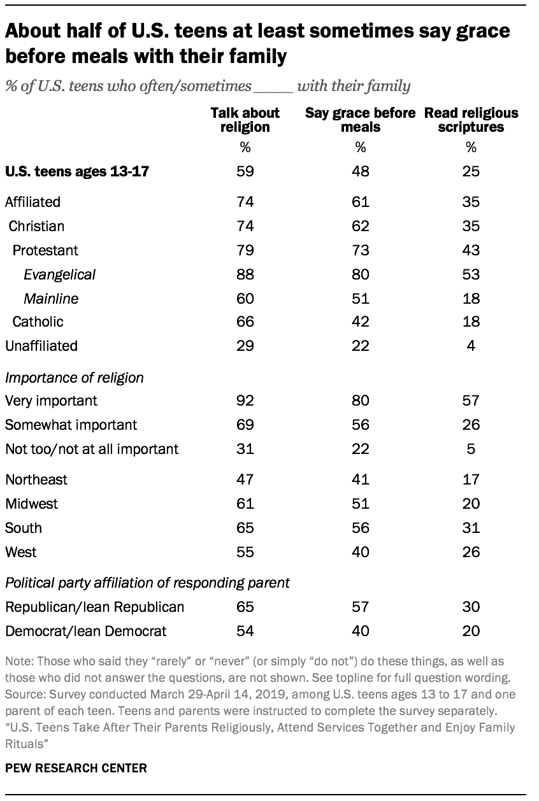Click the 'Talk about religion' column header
(245, 120)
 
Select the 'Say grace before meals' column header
(360, 120)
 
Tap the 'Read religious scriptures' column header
(471, 120)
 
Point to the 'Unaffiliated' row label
(41, 346)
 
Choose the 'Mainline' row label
(52, 298)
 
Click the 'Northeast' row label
(36, 479)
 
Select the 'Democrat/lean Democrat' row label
(86, 630)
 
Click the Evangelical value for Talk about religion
(245, 274)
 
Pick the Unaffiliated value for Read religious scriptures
(471, 346)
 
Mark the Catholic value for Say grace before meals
(360, 322)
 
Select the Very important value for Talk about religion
(245, 400)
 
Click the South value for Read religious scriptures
(471, 528)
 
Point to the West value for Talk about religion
(245, 552)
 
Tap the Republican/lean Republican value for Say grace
(360, 607)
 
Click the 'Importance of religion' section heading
(75, 378)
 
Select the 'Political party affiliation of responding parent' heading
(148, 583)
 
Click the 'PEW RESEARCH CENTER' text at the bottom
(76, 768)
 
